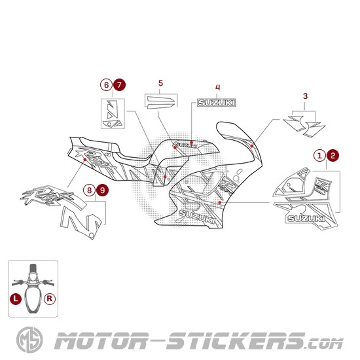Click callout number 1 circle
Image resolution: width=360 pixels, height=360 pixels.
click(x=320, y=155)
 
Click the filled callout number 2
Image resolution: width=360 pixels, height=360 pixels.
click(x=333, y=155)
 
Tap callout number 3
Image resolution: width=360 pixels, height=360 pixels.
click(x=305, y=97)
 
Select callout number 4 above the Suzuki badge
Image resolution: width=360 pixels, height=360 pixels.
click(x=218, y=87)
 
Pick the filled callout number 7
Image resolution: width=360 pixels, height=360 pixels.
click(x=118, y=84)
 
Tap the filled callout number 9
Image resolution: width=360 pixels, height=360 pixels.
click(x=102, y=190)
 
